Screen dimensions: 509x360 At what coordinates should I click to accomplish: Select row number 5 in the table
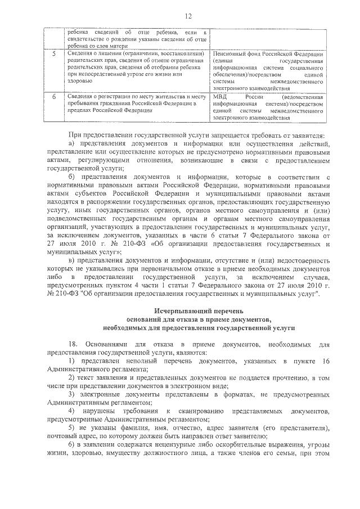(x=53, y=54)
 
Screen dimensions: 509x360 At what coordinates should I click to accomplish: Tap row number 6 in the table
(x=53, y=97)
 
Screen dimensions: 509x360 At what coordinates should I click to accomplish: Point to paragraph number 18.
(x=71, y=343)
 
